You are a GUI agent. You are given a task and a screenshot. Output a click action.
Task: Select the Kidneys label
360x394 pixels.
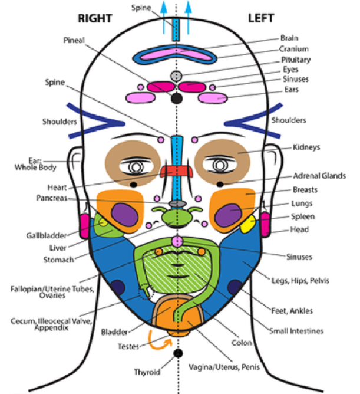pos(307,147)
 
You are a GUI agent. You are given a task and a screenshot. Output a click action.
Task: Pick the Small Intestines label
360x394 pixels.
pos(296,331)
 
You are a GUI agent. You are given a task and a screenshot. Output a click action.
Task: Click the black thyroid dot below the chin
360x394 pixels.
pos(176,354)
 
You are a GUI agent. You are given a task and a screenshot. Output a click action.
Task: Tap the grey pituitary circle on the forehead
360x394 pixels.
pos(175,75)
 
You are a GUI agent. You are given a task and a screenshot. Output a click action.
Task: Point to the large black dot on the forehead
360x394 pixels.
pos(175,99)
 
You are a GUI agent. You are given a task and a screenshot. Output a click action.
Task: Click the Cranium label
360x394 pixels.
pos(294,49)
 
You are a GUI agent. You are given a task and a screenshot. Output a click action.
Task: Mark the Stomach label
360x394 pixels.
pos(58,259)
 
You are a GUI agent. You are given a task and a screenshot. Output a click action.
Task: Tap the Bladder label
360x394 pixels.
pos(114,331)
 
